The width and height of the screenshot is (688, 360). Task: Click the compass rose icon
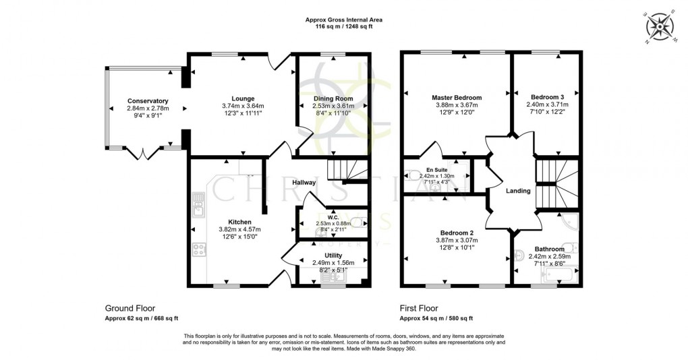point(660,28)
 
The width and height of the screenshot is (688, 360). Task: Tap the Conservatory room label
point(148,101)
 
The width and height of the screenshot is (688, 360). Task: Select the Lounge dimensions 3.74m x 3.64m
point(242,106)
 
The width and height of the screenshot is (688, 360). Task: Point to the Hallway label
point(304,183)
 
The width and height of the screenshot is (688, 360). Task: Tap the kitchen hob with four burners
point(199,251)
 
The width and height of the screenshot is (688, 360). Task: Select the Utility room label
point(333,255)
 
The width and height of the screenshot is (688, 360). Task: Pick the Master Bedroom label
point(457,98)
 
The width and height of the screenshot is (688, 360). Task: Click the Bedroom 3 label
point(547,97)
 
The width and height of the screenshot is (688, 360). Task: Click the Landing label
point(519,191)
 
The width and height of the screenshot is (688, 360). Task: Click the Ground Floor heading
point(130,307)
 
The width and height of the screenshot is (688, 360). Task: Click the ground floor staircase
point(347,170)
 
